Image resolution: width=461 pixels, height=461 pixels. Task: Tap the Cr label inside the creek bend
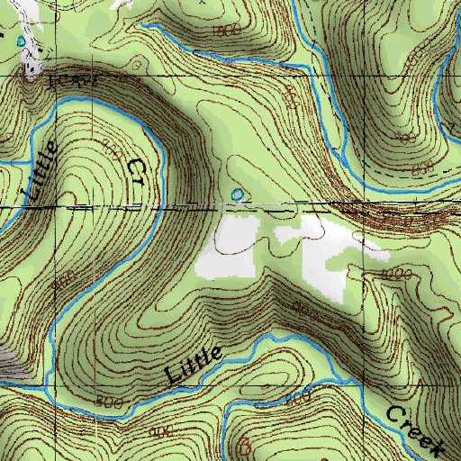tap(136, 169)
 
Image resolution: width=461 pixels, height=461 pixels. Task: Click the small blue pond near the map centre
tap(237, 194)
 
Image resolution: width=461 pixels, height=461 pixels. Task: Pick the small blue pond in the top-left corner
tap(21, 40)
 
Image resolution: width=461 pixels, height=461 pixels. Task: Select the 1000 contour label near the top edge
tap(230, 31)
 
